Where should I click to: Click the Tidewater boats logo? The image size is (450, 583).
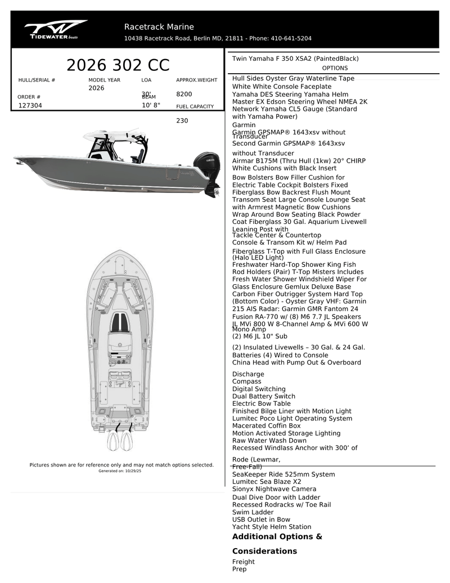[x=55, y=30]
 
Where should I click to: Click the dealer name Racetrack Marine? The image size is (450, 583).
[x=159, y=27]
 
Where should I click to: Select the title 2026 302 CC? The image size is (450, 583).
[x=118, y=65]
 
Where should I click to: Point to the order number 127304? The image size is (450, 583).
[x=30, y=105]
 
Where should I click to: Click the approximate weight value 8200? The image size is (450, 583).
[x=184, y=94]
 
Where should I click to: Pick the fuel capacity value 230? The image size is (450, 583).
[x=182, y=120]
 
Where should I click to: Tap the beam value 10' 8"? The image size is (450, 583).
[x=151, y=105]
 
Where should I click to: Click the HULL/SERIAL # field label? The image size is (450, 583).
[x=37, y=80]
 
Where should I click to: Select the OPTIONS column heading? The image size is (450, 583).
[x=335, y=68]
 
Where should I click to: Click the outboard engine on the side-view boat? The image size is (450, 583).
[x=207, y=169]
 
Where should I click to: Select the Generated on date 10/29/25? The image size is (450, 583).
[x=133, y=470]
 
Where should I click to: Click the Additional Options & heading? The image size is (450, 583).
[x=277, y=537]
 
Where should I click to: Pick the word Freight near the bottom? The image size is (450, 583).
[x=243, y=562]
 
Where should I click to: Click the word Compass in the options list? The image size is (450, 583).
[x=246, y=382]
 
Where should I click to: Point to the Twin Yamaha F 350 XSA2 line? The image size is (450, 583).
[x=295, y=59]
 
